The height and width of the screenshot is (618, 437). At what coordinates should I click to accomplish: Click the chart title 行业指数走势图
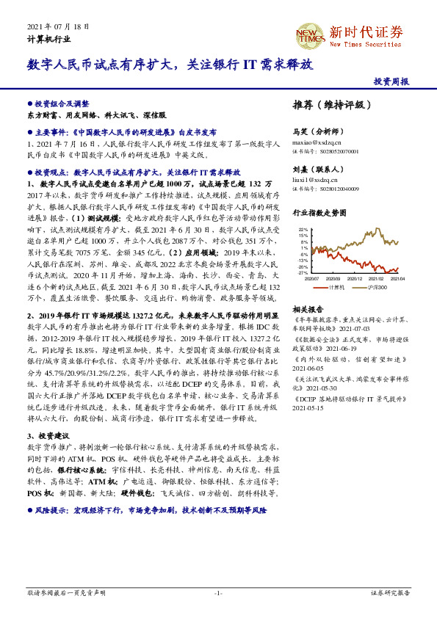pos(318,213)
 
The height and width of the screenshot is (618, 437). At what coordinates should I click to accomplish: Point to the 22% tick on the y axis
pos(303,230)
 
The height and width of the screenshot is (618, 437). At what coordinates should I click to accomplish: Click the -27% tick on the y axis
pos(303,272)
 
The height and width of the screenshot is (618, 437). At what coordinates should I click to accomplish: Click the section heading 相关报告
pos(308,309)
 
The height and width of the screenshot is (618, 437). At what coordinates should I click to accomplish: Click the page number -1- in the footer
pos(218,592)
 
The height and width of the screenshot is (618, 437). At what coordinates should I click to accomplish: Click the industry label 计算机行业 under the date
pos(49,38)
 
